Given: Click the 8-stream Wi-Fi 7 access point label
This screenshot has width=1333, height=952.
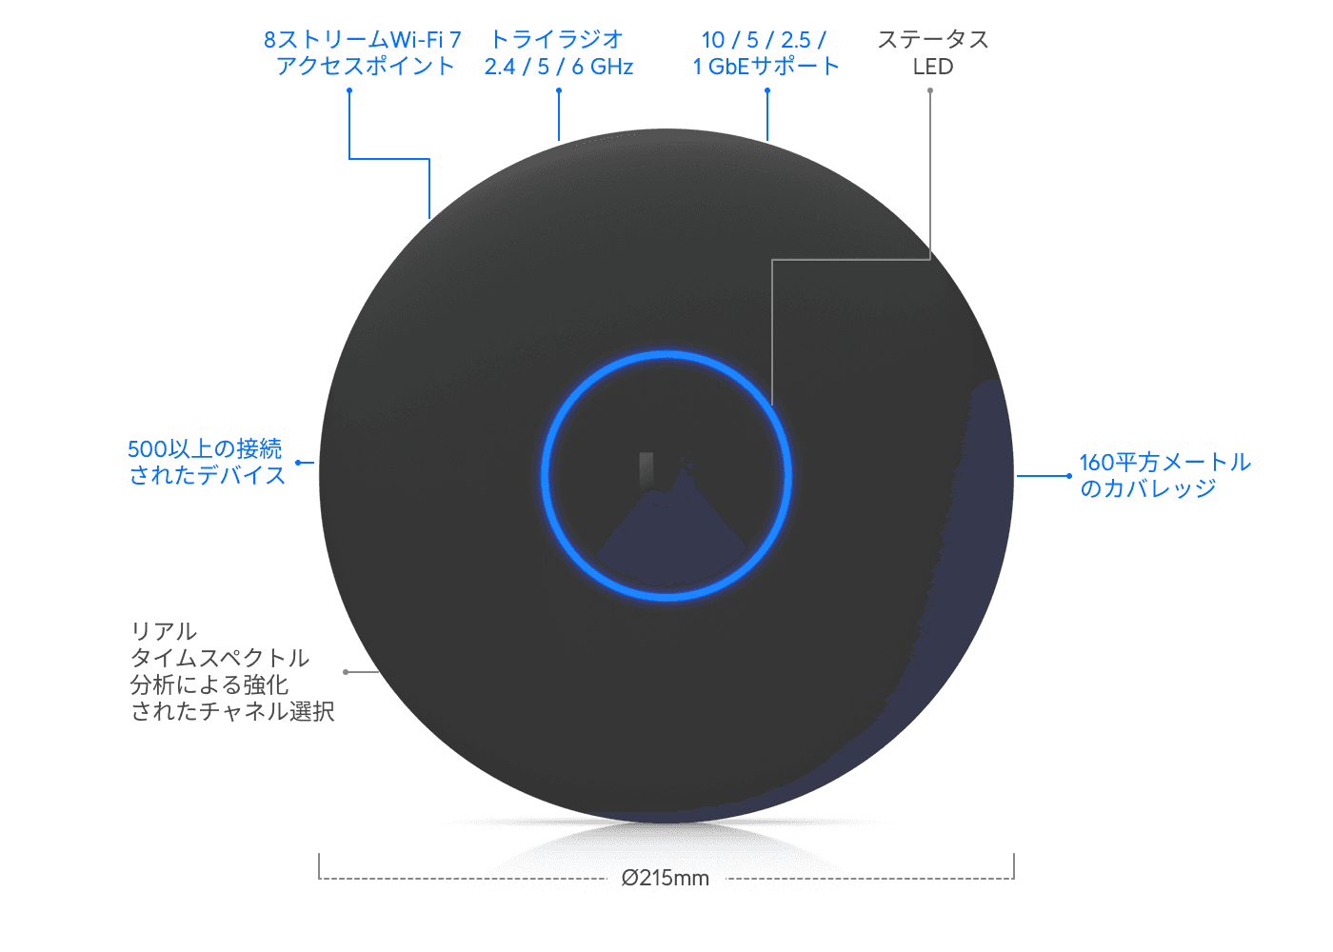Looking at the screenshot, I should [x=363, y=52].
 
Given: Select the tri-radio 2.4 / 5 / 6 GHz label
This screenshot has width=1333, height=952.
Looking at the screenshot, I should [x=559, y=52].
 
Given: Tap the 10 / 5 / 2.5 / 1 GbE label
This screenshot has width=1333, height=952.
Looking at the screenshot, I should [x=766, y=52].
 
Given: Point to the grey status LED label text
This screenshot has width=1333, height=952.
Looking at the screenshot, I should [x=932, y=52].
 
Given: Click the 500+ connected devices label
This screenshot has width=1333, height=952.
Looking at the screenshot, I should [x=207, y=462].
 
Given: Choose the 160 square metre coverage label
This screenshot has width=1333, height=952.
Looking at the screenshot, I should [x=1164, y=475].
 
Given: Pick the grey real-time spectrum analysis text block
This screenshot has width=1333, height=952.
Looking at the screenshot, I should [x=231, y=671].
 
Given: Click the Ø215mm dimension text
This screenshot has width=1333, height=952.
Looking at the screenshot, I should [x=666, y=878].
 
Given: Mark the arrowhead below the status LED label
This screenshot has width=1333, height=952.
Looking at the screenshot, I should [x=930, y=90].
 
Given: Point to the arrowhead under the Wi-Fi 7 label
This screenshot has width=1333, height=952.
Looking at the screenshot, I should [x=349, y=90].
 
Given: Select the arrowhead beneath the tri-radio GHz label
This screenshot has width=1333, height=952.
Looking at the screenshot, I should [x=559, y=90].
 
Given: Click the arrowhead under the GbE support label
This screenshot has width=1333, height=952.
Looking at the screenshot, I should [x=767, y=90].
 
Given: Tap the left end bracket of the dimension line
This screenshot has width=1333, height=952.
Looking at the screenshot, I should [x=319, y=866].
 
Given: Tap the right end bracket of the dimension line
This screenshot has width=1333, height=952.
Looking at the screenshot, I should [x=1014, y=866].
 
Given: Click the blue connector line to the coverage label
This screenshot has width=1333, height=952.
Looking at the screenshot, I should [x=1045, y=476].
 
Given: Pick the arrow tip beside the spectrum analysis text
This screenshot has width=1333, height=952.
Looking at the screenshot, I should [x=346, y=672].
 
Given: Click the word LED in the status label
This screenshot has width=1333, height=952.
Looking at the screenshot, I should [x=932, y=67].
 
